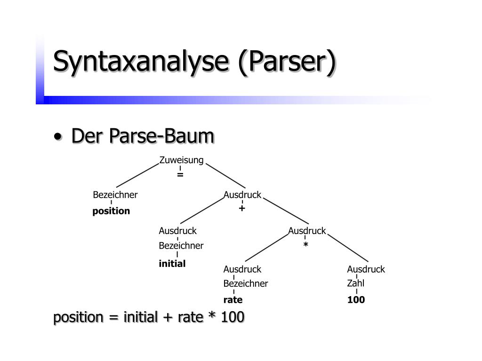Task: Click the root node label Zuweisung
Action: coord(181,160)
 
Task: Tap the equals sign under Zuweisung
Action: coord(180,174)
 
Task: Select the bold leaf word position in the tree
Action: coord(111,211)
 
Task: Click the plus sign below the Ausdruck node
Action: coord(242,208)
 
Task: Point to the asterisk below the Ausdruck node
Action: coord(305,245)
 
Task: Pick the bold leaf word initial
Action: coord(172,264)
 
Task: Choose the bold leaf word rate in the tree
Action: coord(233,300)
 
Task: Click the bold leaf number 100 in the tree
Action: coord(356,300)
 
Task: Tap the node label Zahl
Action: coord(356,283)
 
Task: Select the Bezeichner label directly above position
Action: coord(115,195)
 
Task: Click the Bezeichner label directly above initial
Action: coord(181,246)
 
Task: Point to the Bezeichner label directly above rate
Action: coord(246,284)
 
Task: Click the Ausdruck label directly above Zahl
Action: coord(366,269)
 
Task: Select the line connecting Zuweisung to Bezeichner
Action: coord(137,175)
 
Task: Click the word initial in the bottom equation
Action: coord(140,318)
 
